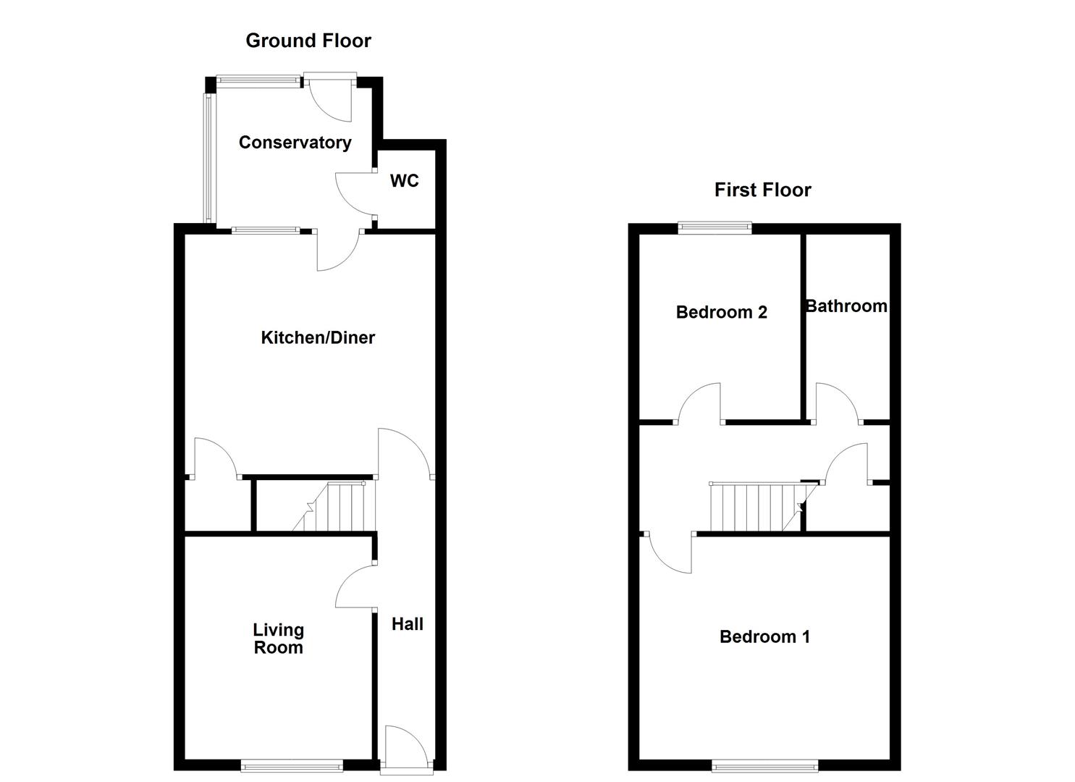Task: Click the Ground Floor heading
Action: pos(308,41)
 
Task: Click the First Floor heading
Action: pos(762,190)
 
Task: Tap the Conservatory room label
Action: pos(295,143)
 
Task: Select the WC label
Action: pos(404,180)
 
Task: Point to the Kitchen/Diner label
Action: pos(318,337)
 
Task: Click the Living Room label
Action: pos(278,639)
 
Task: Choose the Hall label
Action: pos(407,624)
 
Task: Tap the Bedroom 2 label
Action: pos(721,312)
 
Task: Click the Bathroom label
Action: pos(846,306)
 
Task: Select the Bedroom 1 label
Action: pos(764,636)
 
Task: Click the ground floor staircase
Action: pos(337,507)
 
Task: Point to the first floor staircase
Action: pos(756,507)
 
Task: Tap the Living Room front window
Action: pos(291,765)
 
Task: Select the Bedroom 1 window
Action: pos(764,765)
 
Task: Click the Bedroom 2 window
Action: pos(714,228)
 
